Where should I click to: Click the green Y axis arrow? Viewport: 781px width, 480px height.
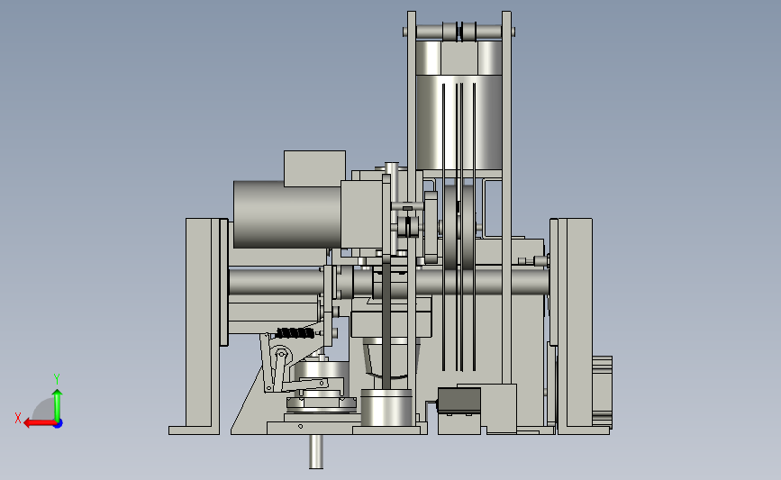pos(58,406)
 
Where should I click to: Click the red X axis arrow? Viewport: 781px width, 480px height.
pos(40,423)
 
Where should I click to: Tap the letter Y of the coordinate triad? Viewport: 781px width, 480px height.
pos(57,379)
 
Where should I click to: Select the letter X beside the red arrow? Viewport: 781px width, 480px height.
pos(18,418)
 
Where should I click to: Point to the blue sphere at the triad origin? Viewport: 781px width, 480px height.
pos(58,423)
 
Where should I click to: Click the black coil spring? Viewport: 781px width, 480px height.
pos(295,333)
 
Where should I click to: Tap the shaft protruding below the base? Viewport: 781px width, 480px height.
pos(316,451)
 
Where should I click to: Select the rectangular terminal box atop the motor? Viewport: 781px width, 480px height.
pos(314,168)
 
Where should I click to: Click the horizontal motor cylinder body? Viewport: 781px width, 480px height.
pos(287,214)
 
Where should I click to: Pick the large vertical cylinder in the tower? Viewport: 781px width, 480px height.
pos(459,105)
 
